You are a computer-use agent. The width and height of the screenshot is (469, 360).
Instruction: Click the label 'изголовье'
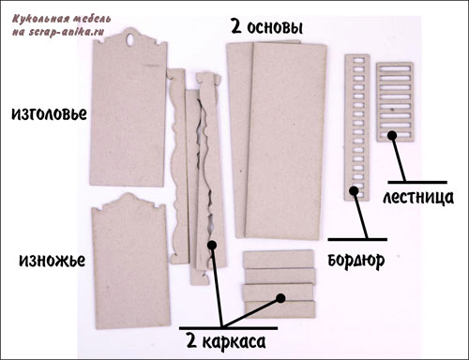tap(49, 113)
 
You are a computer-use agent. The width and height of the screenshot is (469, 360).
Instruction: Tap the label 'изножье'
tap(52, 260)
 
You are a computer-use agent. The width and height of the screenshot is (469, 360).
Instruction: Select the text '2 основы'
tap(266, 27)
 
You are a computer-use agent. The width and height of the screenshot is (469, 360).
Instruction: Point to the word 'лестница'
tap(418, 198)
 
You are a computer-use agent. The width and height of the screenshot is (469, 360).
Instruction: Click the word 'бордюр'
tap(356, 260)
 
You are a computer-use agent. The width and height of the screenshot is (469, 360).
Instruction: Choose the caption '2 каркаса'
tap(226, 341)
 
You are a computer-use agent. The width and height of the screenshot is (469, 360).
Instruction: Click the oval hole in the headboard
tap(130, 39)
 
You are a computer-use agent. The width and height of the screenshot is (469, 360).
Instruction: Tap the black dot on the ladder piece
tap(392, 135)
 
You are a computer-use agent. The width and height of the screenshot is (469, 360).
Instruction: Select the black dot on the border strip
tap(354, 190)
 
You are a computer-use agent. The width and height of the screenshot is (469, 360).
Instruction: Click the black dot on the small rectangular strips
tap(280, 298)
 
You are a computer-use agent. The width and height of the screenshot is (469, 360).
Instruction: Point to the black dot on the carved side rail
tap(212, 245)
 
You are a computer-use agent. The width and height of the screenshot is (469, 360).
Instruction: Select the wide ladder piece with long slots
tap(395, 102)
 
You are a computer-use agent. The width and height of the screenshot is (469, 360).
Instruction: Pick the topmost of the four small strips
tap(279, 259)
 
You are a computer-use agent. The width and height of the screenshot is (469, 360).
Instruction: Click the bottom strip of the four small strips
tap(280, 308)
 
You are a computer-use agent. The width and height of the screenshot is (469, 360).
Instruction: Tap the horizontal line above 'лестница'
tap(417, 182)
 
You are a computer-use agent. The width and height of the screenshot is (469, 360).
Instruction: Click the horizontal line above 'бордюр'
tap(357, 240)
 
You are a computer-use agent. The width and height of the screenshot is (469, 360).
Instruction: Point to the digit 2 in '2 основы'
tap(236, 26)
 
